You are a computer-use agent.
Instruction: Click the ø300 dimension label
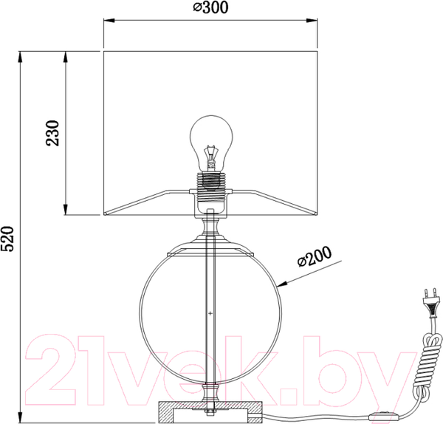(x=210, y=7)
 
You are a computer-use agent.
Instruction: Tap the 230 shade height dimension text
(x=52, y=133)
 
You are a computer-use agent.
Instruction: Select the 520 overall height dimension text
(x=7, y=239)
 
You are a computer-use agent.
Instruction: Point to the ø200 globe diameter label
(x=315, y=256)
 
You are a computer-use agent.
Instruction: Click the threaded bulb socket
(x=210, y=184)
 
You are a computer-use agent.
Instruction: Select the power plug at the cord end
(x=432, y=302)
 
